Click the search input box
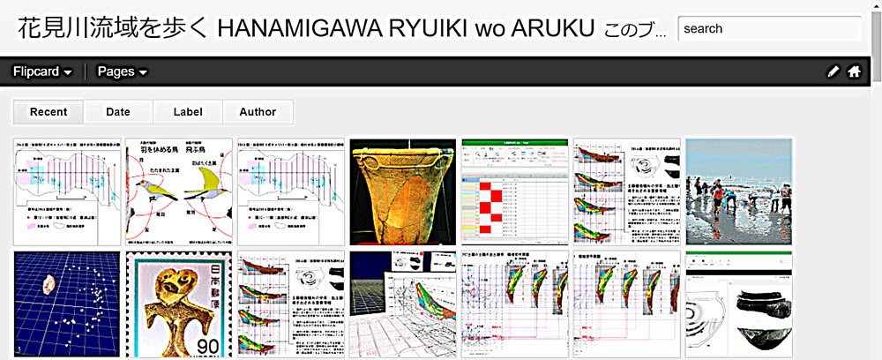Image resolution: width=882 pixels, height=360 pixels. coord(769,29)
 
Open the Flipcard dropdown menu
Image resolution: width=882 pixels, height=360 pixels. coord(41,71)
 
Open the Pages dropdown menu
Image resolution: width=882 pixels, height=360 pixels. coord(122,71)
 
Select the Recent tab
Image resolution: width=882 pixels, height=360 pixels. coord(49,112)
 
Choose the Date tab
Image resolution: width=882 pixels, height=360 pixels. coord(118,112)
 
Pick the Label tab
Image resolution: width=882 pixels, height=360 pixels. coord(188,112)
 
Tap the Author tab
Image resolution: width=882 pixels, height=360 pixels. coord(258,112)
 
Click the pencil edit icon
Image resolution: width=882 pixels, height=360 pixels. coord(833,71)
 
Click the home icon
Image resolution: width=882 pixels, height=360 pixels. coord(854,71)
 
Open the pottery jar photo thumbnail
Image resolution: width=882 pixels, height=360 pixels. coord(403,191)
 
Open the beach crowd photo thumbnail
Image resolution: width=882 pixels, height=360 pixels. coord(739,191)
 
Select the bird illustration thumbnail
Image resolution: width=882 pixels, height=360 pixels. coord(179,191)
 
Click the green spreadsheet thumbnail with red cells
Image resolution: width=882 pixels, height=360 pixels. coord(515,191)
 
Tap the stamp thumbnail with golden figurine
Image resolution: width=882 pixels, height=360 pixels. coord(179,304)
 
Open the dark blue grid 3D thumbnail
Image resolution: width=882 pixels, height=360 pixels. coord(67,304)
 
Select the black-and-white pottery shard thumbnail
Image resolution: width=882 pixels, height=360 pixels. coord(739,304)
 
